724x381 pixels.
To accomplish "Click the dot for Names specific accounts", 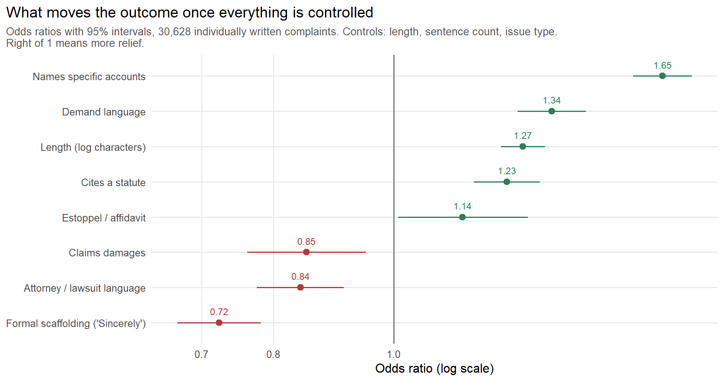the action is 662,76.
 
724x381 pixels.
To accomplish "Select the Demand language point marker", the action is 552,111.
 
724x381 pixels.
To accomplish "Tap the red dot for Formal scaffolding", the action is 219,323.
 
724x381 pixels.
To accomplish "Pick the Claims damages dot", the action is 306,252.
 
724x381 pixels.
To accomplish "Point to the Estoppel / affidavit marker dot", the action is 462,217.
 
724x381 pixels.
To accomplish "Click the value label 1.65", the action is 662,65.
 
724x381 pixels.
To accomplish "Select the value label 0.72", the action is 219,312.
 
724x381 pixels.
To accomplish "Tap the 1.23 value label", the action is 507,171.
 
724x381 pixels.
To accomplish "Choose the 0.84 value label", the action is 300,277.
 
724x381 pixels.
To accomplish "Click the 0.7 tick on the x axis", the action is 201,354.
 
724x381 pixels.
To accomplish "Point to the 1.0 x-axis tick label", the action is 394,354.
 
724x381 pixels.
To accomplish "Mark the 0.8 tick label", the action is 273,354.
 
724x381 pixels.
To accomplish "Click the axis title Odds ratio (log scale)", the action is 435,369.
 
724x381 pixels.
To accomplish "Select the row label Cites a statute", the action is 113,183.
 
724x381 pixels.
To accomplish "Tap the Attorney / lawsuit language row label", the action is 85,288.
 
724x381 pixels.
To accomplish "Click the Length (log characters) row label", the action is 93,147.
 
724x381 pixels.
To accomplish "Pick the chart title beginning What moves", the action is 190,13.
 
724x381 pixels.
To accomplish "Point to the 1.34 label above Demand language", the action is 552,100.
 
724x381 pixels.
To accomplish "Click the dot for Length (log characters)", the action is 523,146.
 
